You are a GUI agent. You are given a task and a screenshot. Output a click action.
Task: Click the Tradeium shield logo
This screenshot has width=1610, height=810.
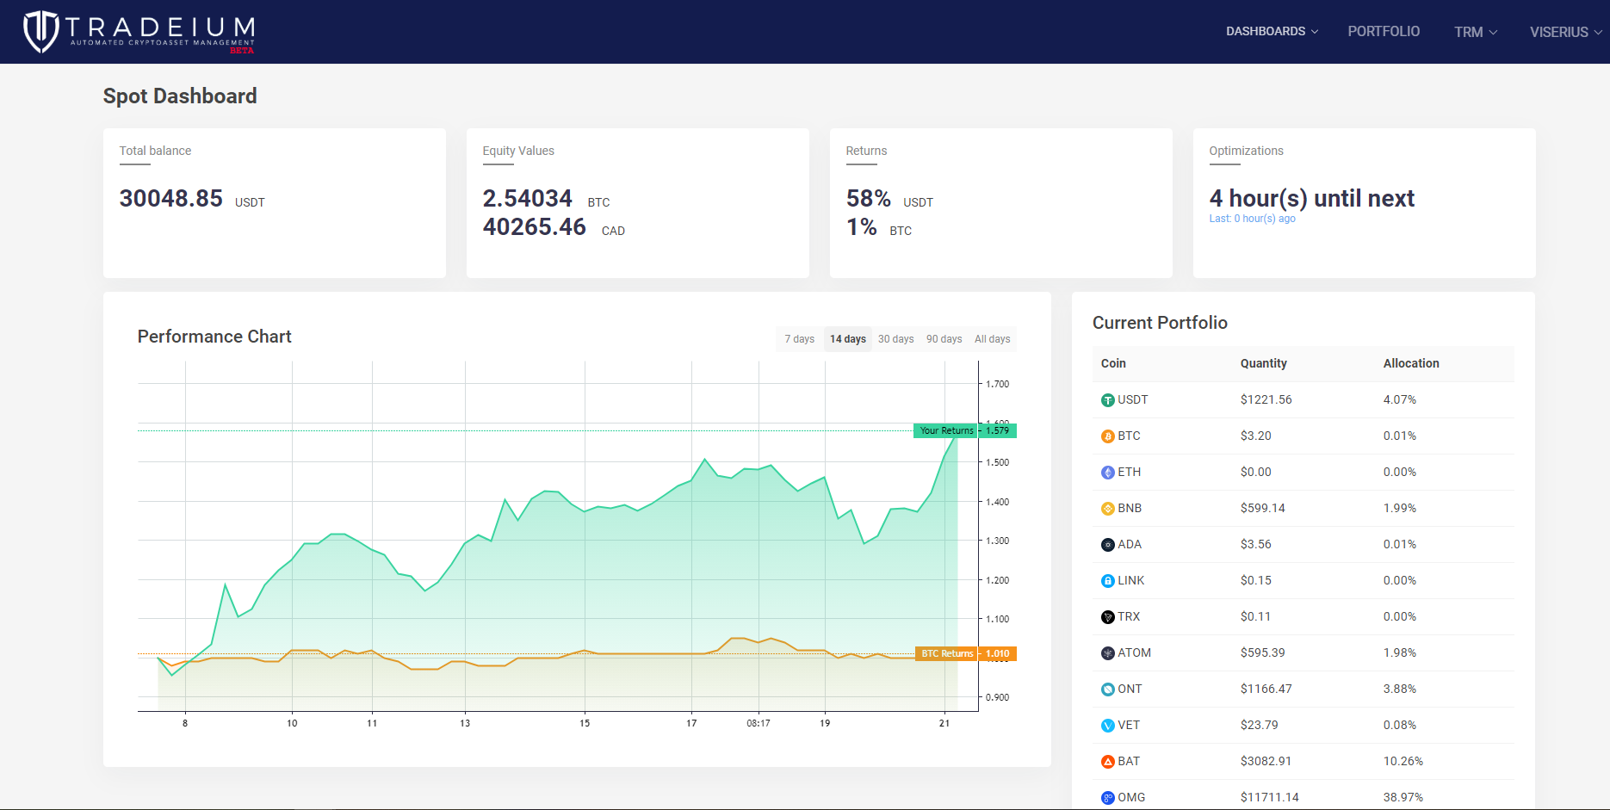click(x=40, y=32)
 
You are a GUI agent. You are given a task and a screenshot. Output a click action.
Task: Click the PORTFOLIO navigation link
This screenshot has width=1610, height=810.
click(x=1384, y=31)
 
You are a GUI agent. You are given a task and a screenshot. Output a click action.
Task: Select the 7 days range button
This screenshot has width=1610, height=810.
click(x=799, y=339)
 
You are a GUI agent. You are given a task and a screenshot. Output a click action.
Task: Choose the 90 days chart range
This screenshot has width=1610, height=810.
click(x=944, y=339)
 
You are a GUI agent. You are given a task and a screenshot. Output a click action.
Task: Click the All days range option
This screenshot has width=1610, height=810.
click(x=992, y=339)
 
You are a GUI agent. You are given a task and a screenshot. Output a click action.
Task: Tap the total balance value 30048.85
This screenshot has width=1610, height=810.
click(x=171, y=199)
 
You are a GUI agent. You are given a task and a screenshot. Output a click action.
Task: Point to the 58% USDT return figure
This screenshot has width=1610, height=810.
click(x=868, y=199)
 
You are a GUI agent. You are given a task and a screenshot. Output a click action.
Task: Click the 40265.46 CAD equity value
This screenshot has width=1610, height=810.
click(x=534, y=227)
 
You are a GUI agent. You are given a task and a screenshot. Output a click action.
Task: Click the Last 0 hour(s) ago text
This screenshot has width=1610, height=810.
click(x=1252, y=219)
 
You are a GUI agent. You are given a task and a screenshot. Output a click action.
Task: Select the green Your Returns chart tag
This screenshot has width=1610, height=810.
click(x=946, y=430)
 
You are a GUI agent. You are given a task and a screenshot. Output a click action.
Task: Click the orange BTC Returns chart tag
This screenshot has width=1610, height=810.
click(x=946, y=653)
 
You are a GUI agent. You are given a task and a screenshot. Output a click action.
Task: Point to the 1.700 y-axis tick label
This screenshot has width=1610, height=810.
click(x=997, y=384)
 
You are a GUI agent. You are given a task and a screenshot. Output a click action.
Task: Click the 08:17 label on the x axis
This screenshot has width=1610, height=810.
click(x=758, y=723)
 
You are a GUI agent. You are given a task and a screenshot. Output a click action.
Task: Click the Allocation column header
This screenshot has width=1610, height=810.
click(x=1410, y=363)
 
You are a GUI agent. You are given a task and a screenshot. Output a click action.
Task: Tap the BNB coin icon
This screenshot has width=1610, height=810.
click(x=1108, y=509)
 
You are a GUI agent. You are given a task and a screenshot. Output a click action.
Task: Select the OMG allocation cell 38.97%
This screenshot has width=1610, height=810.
click(x=1403, y=797)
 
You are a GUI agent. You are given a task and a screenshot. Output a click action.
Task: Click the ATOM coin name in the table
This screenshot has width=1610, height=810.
click(x=1134, y=652)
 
